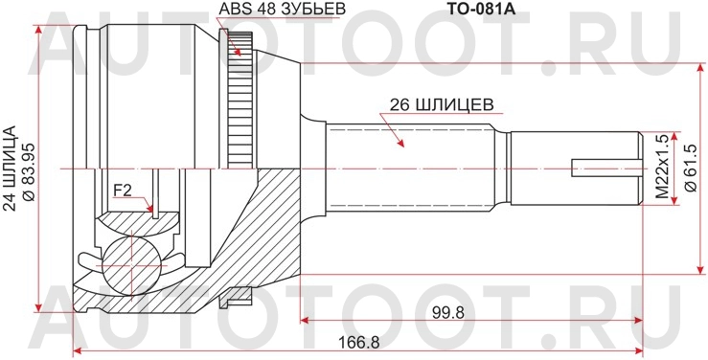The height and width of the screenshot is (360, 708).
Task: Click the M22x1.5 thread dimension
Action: [x=660, y=167]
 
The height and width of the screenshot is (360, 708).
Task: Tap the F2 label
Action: [x=123, y=190]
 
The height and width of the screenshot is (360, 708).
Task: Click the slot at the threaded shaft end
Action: [x=604, y=168]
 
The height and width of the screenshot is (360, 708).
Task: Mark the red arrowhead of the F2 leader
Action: [x=151, y=208]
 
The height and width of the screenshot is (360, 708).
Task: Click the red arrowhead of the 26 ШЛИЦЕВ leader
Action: [x=400, y=143]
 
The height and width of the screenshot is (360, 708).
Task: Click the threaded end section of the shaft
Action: [x=575, y=168]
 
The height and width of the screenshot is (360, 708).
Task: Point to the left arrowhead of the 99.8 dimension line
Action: [x=306, y=324]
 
